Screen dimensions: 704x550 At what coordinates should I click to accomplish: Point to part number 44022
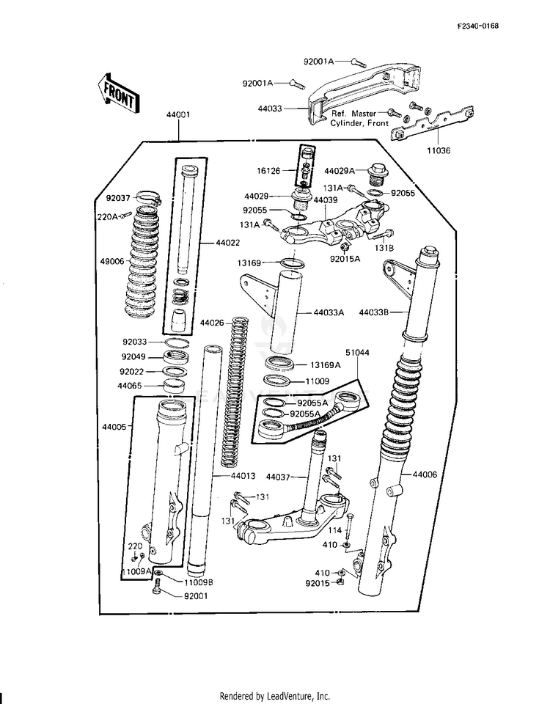pyautogui.click(x=227, y=241)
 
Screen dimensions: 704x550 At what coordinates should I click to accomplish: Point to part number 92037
pyautogui.click(x=117, y=197)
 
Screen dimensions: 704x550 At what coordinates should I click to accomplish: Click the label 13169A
pyautogui.click(x=325, y=364)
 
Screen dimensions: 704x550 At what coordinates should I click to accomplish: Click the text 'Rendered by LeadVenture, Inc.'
pyautogui.click(x=275, y=696)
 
